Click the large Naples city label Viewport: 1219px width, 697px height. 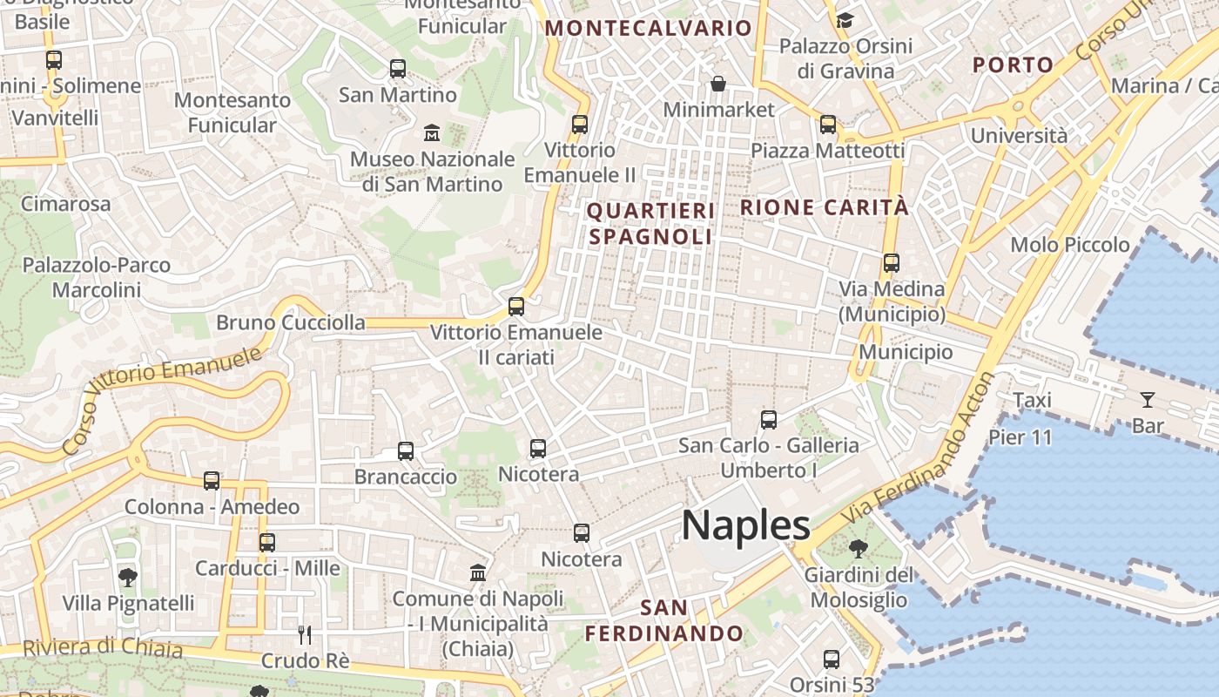point(746,525)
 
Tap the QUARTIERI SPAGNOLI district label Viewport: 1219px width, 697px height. point(650,223)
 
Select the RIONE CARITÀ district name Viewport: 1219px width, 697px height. point(824,207)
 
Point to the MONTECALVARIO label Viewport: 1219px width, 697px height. point(648,28)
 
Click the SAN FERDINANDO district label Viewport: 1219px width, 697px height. point(663,620)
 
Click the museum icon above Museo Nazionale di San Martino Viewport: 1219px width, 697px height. point(431,133)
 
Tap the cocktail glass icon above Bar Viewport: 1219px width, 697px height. point(1148,400)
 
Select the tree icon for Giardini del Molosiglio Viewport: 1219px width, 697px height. point(858,548)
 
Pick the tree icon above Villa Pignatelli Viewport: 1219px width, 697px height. point(128,576)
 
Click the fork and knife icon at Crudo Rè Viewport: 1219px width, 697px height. point(305,634)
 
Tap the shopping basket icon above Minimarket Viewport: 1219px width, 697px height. point(718,84)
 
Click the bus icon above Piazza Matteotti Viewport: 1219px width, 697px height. point(827,125)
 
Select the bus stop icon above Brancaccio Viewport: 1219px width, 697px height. point(406,451)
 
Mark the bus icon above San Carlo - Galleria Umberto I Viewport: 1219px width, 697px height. point(768,420)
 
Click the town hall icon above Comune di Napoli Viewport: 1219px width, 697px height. point(478,572)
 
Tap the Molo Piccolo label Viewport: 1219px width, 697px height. point(1069,245)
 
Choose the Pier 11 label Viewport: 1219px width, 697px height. point(1020,436)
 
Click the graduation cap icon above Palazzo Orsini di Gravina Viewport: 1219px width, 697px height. point(845,20)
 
